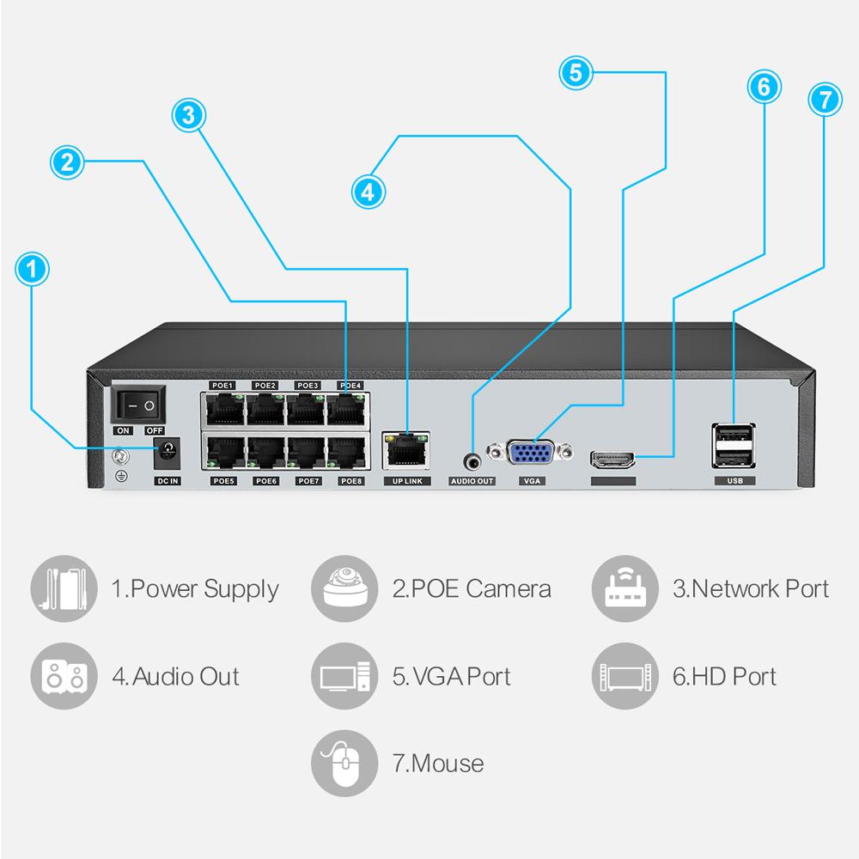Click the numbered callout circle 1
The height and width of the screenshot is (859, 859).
point(33,270)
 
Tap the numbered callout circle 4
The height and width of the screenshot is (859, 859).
point(368,191)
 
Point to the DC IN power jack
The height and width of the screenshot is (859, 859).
point(167,448)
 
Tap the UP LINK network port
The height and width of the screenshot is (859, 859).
point(405,447)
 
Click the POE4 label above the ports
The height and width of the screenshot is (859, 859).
point(350,386)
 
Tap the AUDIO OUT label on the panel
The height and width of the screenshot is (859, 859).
point(472,481)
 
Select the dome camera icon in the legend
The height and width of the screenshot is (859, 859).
point(344,588)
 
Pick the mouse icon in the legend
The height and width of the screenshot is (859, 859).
point(344,762)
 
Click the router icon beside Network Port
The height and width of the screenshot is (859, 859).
point(624,588)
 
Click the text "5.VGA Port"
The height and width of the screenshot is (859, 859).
point(452,676)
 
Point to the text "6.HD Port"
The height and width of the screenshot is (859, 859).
point(724,676)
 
